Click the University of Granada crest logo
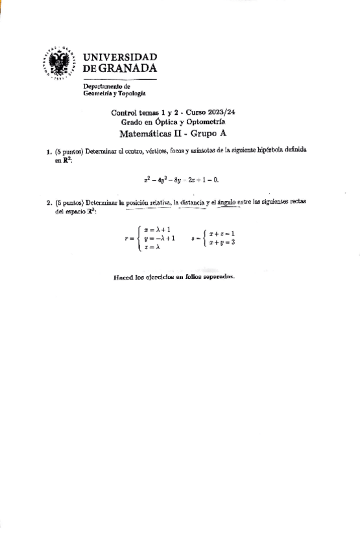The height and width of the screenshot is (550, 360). [60, 63]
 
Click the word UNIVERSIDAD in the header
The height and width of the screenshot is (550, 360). [120, 57]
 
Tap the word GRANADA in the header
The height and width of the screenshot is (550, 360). [127, 68]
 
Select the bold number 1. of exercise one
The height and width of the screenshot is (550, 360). [49, 152]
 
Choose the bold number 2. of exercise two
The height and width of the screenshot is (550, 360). [49, 202]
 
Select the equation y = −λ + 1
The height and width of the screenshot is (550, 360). [160, 238]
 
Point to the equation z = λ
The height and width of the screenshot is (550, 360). [152, 247]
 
